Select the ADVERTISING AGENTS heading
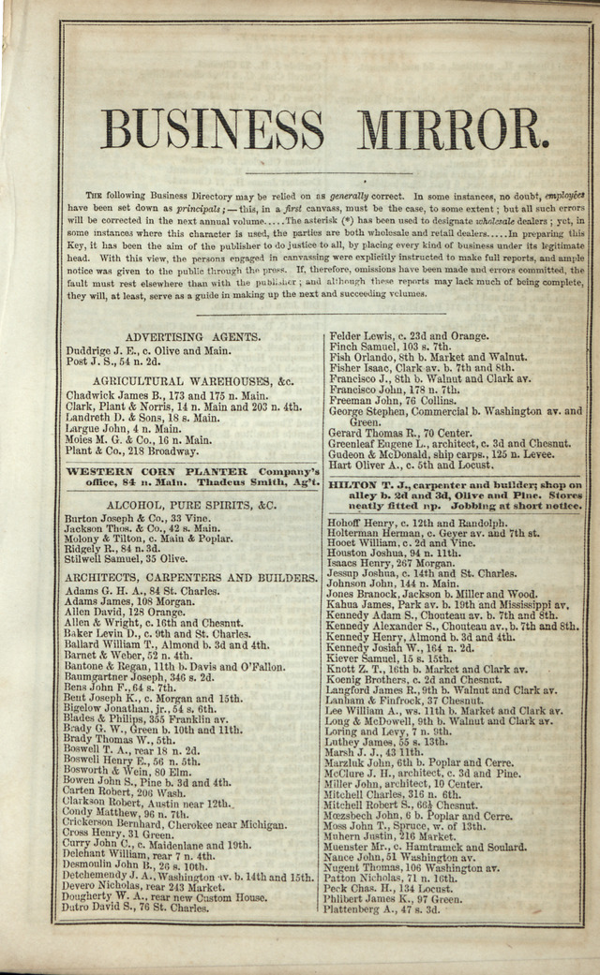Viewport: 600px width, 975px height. pos(192,336)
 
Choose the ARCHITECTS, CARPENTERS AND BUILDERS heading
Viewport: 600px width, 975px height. pos(192,578)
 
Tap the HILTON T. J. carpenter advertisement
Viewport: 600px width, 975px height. pos(455,495)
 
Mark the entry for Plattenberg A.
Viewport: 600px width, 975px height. pos(382,909)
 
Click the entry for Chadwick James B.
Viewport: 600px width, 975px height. pos(166,395)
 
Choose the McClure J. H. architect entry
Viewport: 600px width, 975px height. pos(422,774)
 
